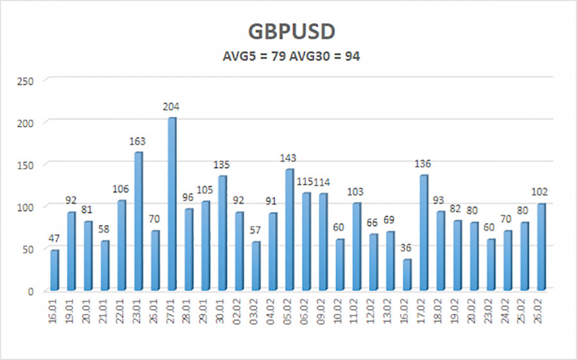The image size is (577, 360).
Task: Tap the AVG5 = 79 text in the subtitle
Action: [245, 56]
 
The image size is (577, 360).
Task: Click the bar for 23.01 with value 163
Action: [138, 221]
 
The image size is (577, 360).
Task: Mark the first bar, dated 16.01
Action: [54, 270]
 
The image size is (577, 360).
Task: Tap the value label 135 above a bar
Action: [222, 165]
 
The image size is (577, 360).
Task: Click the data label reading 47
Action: [54, 239]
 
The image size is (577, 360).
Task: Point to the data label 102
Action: [540, 192]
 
